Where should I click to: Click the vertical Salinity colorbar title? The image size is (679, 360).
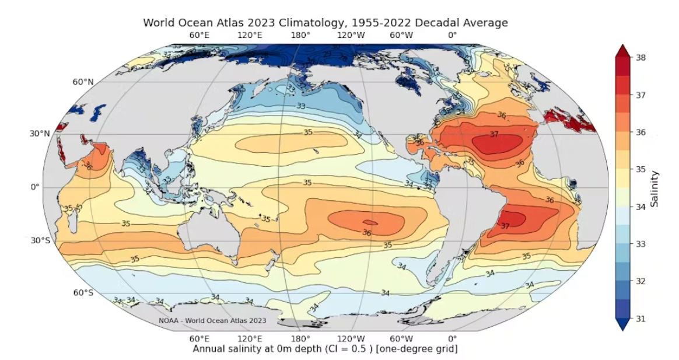[655, 188]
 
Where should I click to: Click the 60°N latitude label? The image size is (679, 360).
[83, 82]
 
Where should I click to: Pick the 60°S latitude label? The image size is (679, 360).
[83, 292]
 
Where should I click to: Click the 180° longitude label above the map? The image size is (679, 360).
[300, 36]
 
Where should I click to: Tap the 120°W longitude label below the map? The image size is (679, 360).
[351, 339]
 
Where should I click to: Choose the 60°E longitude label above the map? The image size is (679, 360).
[199, 36]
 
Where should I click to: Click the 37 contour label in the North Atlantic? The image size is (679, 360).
[494, 134]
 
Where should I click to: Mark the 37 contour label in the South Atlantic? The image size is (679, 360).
[505, 226]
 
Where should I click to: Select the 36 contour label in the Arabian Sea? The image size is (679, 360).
[89, 165]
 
